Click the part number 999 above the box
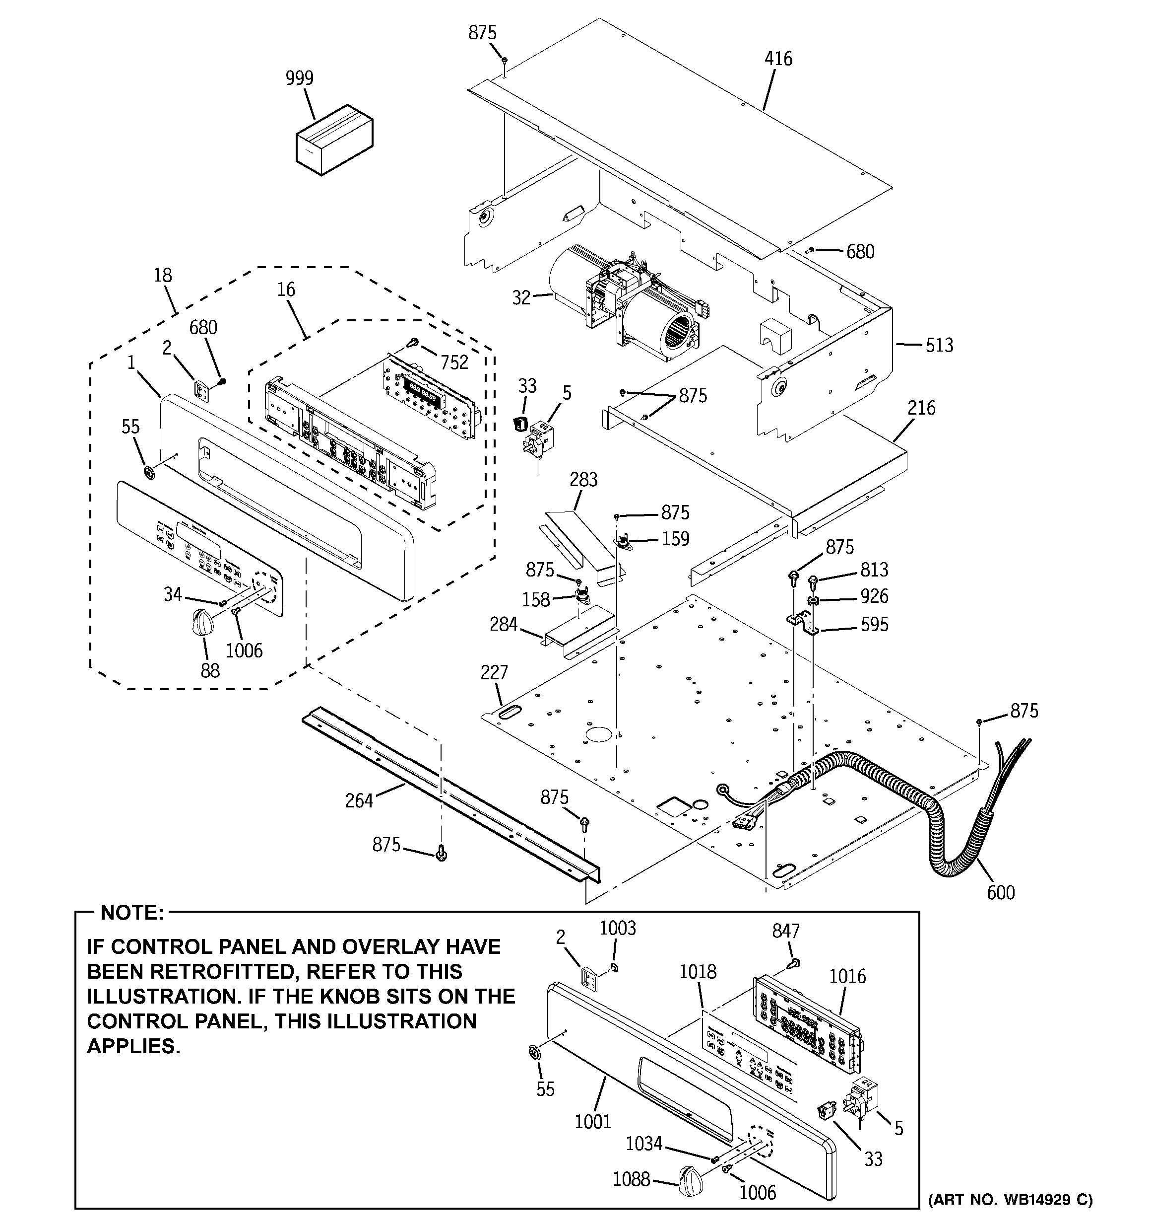(x=299, y=78)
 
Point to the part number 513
(x=939, y=345)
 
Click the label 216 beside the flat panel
(x=921, y=408)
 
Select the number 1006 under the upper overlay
(x=244, y=651)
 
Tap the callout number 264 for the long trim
(x=359, y=801)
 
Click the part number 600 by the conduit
(x=1000, y=893)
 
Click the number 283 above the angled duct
(x=583, y=479)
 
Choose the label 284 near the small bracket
(x=503, y=624)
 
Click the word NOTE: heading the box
(x=132, y=913)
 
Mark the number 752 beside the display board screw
(x=454, y=362)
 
